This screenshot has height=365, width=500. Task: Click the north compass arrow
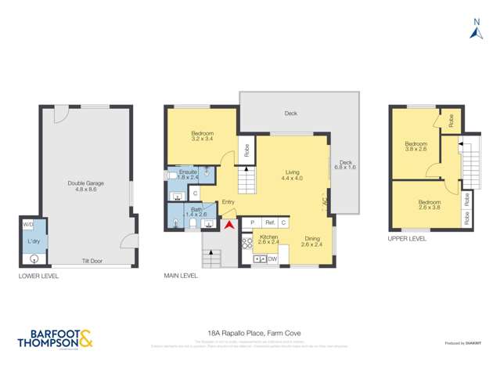coord(474,32)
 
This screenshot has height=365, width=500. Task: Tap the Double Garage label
coord(85,186)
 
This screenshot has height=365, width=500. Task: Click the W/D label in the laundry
coord(28,225)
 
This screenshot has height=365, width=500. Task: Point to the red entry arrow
coord(228,226)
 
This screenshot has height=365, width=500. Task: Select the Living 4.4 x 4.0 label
coord(293,175)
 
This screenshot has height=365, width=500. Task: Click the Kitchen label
coord(269,239)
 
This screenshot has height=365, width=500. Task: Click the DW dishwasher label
coord(272,258)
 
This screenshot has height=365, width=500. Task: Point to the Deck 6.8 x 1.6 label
coord(344,164)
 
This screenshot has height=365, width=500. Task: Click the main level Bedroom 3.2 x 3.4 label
coord(202,136)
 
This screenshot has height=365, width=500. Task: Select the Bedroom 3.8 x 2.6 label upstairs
coord(415,146)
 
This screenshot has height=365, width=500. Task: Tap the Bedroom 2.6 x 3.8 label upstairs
coord(430,204)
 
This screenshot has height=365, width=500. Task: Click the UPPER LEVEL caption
coord(407,238)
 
